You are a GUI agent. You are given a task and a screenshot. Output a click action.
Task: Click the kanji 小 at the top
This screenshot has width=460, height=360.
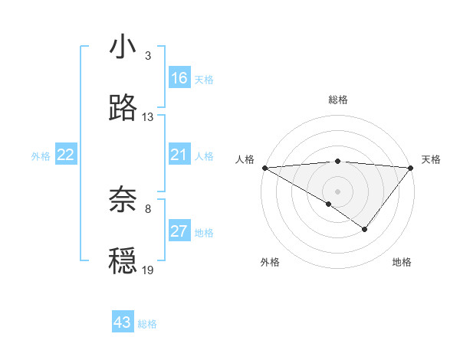click(x=123, y=47)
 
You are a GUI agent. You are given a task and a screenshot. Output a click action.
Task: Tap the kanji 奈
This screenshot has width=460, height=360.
click(x=123, y=199)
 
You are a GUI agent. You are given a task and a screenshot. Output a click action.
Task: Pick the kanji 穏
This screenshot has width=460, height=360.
click(x=123, y=260)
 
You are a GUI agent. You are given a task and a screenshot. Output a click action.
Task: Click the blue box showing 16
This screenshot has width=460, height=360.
click(x=179, y=78)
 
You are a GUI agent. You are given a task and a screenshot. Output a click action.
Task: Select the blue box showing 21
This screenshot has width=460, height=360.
click(x=179, y=155)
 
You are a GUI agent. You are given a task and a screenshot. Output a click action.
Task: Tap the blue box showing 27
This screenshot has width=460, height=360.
click(x=179, y=231)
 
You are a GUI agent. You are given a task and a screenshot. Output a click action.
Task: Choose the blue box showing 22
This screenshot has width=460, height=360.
click(x=66, y=155)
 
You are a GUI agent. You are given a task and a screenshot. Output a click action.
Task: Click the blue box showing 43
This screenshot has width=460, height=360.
click(x=123, y=322)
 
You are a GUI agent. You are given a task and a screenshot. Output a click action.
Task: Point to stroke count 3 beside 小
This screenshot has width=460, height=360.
click(x=148, y=57)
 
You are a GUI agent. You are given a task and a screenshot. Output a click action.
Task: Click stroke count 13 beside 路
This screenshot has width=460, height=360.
click(x=148, y=117)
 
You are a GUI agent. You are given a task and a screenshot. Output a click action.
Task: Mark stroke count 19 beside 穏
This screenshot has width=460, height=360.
click(x=148, y=270)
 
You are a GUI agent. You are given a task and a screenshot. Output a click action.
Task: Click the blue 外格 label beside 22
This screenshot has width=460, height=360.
click(x=41, y=156)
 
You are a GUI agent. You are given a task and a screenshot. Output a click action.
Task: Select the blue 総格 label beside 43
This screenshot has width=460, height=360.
click(x=148, y=324)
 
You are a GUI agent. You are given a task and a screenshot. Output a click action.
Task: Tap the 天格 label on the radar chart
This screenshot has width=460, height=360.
click(x=431, y=159)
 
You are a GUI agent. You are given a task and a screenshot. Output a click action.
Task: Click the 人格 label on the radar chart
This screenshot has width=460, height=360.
click(x=245, y=159)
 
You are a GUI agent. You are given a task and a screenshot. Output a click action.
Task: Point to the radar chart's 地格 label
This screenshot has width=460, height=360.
click(x=402, y=262)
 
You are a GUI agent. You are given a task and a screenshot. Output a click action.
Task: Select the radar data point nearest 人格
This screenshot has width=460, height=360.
click(x=264, y=167)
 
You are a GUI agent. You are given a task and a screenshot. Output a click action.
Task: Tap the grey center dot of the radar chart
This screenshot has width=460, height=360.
click(x=337, y=191)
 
